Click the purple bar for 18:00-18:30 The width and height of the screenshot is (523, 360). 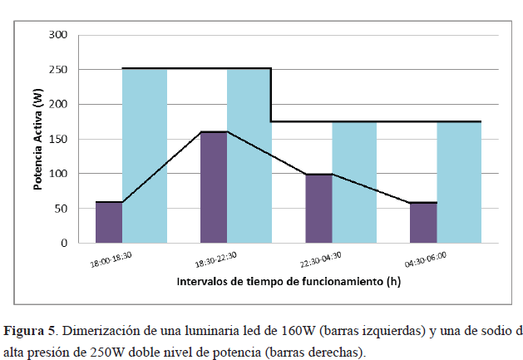(108, 222)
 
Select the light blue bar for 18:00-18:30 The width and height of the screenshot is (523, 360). (144, 155)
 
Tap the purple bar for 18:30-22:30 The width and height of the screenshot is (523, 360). (214, 187)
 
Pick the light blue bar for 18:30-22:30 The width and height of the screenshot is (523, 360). (249, 155)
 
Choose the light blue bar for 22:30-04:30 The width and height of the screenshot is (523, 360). (353, 183)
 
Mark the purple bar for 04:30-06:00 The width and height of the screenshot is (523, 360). (423, 223)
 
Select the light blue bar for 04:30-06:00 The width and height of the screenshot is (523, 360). (459, 183)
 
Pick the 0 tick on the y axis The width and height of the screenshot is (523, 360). (63, 244)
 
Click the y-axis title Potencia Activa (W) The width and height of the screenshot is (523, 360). (38, 139)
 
